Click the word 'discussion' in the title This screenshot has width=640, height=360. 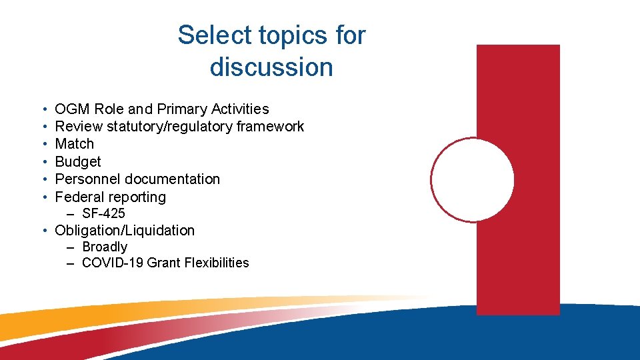[271, 67]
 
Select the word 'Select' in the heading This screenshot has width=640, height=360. [215, 35]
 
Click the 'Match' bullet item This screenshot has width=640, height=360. [74, 144]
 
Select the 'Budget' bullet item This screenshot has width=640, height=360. [78, 162]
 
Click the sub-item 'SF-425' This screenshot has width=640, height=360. [103, 214]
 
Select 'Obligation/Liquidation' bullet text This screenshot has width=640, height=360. [125, 231]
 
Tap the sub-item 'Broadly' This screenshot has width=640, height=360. [105, 247]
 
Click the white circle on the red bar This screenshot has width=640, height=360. [473, 179]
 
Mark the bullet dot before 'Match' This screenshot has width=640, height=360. [43, 144]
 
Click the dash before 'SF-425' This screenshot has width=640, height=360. [71, 214]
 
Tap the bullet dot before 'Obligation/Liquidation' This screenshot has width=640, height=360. [43, 231]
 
